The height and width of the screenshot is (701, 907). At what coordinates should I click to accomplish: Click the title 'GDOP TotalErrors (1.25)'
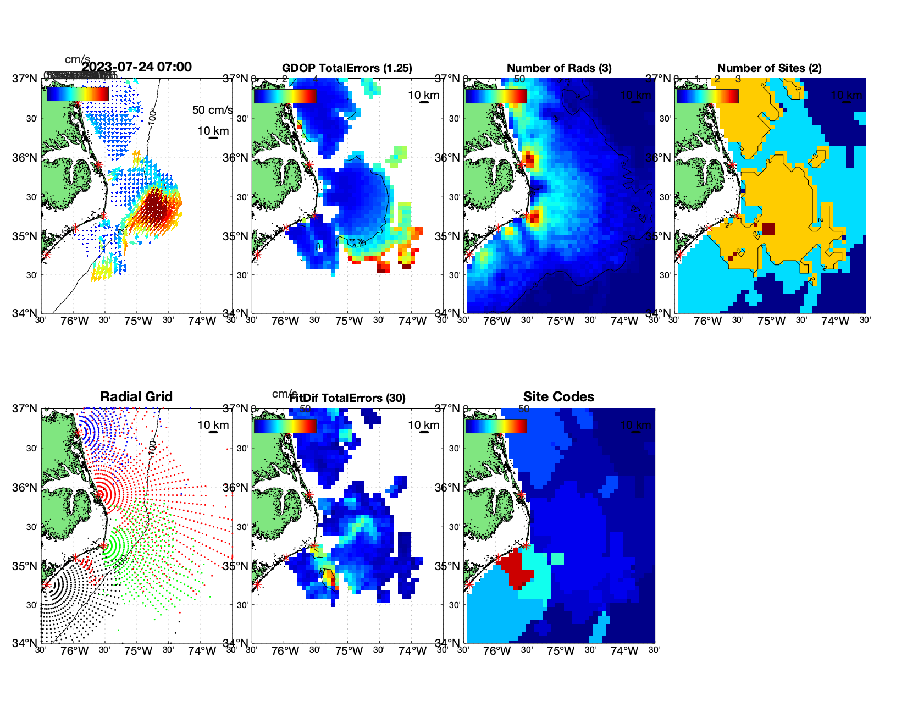point(347,68)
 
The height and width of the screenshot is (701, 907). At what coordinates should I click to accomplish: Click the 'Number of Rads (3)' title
point(558,68)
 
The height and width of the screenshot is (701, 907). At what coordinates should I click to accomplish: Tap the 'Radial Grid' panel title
point(136,397)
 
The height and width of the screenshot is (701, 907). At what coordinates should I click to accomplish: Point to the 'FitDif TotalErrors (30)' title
point(347,398)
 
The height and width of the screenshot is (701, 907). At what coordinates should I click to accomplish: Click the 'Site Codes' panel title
point(558,397)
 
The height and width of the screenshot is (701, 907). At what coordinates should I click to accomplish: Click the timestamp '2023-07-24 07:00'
point(136,67)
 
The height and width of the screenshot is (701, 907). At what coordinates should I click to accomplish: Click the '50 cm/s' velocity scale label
point(212,110)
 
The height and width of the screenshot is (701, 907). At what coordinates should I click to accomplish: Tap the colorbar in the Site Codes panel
point(496,426)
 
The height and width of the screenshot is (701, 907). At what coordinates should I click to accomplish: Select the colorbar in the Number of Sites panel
point(707,96)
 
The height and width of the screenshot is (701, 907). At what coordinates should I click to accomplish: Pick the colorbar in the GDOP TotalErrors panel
point(285,96)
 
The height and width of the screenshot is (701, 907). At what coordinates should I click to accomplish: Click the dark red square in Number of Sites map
point(768,229)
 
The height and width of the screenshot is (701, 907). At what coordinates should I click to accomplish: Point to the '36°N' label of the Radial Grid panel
point(25,488)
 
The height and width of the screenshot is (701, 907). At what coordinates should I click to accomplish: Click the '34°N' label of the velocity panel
point(25,313)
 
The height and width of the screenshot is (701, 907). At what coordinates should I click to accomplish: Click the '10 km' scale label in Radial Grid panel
point(213,425)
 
